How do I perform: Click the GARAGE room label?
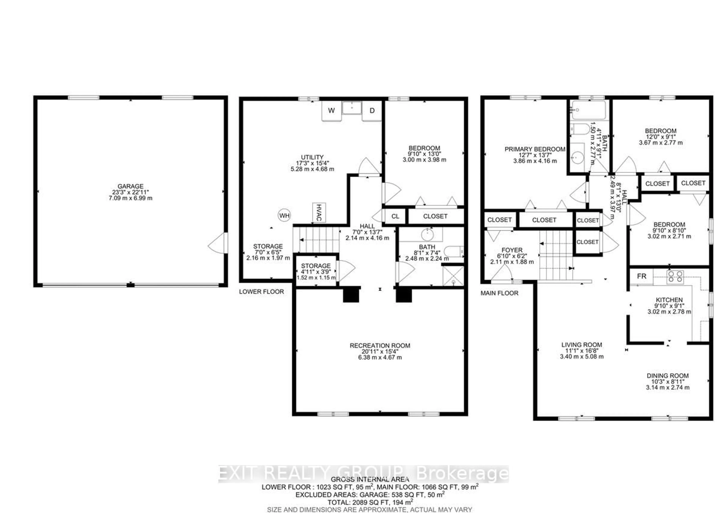(130, 186)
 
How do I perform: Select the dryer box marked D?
(372, 111)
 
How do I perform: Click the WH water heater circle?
(284, 216)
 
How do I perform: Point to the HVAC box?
(319, 212)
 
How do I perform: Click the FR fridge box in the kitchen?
(641, 276)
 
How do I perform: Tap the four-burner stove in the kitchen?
(675, 277)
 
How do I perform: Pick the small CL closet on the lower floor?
(395, 217)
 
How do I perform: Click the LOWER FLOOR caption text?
(261, 292)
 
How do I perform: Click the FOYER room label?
(512, 250)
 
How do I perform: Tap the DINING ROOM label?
(668, 376)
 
